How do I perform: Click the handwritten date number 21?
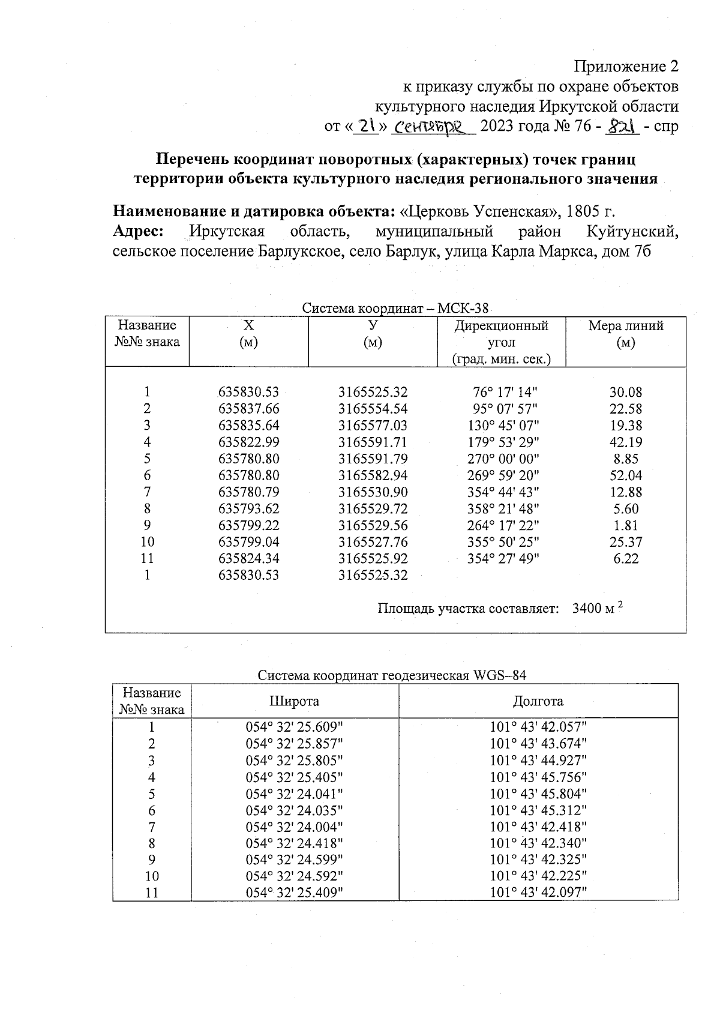point(365,127)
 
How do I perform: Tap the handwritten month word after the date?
point(432,127)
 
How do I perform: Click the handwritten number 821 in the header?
point(622,127)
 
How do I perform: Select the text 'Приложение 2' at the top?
point(627,66)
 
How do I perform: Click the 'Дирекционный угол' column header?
point(501,342)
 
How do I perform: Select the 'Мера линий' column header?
point(626,334)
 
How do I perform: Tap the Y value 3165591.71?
point(373,442)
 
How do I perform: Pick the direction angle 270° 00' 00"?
point(503,459)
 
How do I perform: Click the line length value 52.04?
point(626,476)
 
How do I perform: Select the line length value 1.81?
point(626,526)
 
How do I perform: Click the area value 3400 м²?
point(598,609)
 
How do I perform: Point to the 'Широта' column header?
point(294,701)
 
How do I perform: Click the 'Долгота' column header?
point(538,701)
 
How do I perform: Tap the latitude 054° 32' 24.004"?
point(294,827)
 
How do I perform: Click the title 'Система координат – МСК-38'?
point(395,309)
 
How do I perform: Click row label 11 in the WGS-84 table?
point(152,893)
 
